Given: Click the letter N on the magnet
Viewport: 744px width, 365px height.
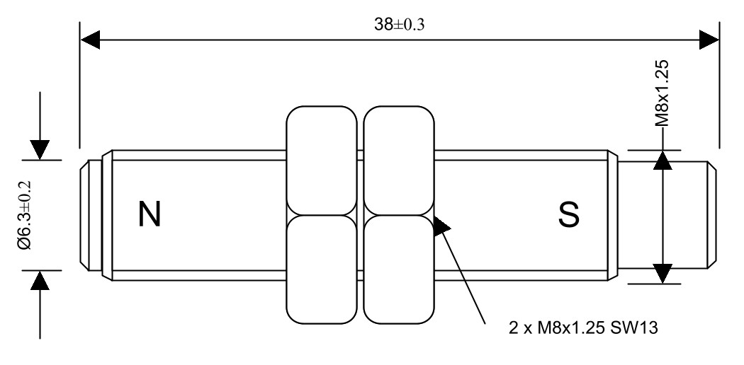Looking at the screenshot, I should (149, 214).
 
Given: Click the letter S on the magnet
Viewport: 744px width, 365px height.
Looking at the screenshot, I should (568, 214).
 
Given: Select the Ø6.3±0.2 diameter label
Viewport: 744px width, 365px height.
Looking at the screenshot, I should (26, 214).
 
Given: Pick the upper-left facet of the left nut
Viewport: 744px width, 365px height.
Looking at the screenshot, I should (322, 159).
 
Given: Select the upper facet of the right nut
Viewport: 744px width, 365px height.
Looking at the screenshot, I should (398, 159).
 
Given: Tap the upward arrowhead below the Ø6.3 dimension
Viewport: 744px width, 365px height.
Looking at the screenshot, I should (41, 281).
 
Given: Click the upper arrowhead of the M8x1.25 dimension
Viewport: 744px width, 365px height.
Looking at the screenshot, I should (663, 160).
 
